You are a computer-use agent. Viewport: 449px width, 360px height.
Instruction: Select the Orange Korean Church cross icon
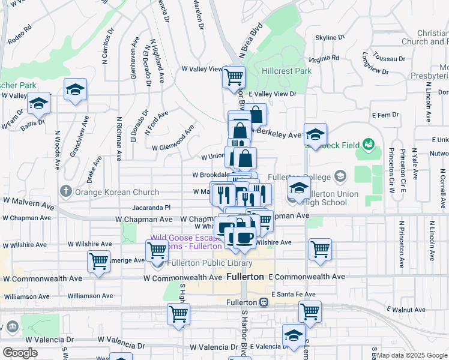tap(66, 192)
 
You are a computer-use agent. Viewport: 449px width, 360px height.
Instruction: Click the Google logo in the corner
tap(20, 353)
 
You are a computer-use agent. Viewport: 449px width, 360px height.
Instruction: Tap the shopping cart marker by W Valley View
tap(234, 77)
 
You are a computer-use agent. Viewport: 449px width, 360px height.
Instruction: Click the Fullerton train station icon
tap(264, 302)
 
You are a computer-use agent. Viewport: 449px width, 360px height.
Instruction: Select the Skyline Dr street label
tap(330, 37)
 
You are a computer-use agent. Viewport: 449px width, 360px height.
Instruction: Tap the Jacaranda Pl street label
tap(152, 207)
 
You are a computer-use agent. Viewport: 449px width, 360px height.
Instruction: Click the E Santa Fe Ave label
tap(294, 294)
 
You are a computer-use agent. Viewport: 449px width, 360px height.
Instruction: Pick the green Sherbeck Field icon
tap(368, 145)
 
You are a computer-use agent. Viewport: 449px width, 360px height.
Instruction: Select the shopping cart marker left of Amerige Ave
tap(98, 260)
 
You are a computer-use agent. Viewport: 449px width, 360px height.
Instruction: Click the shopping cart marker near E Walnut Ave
tap(310, 311)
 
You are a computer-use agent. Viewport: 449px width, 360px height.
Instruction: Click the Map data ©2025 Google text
tap(412, 355)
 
